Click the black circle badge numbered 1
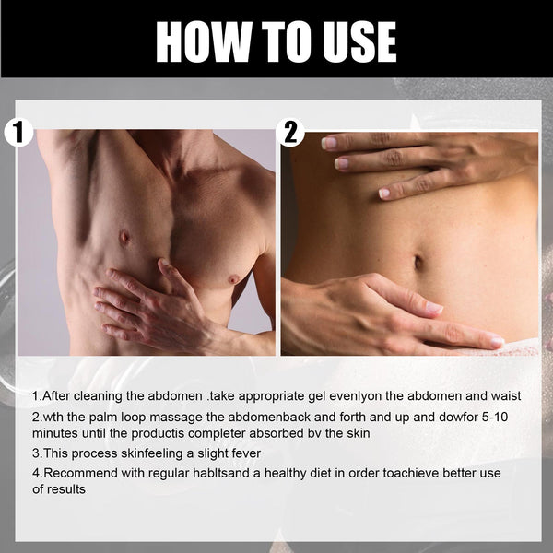(x=18, y=132)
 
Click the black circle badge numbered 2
(x=291, y=132)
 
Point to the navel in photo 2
(x=418, y=264)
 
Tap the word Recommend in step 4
(x=82, y=474)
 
